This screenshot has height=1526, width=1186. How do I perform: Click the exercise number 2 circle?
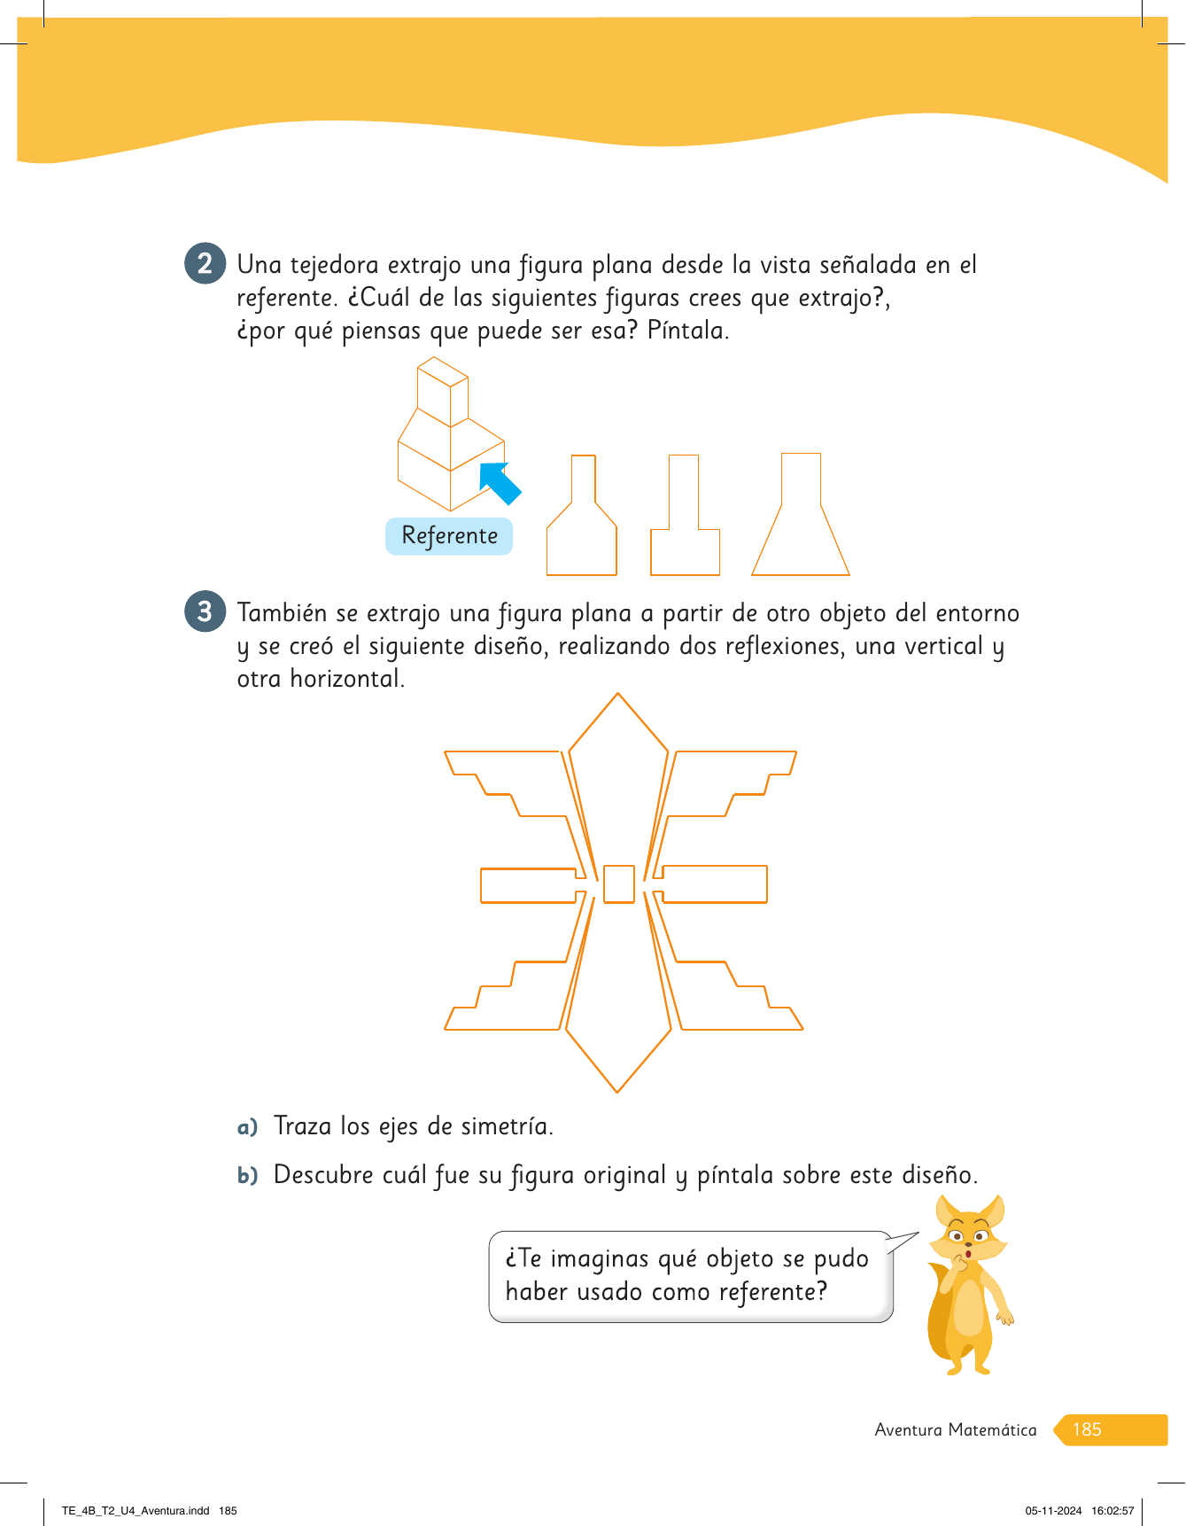click(205, 264)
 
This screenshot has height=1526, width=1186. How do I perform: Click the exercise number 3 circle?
click(205, 612)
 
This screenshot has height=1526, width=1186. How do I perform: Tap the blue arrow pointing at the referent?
click(500, 483)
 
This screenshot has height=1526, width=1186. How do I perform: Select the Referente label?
click(449, 536)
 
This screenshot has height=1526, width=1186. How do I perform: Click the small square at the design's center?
click(619, 884)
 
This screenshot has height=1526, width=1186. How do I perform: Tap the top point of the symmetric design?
click(617, 693)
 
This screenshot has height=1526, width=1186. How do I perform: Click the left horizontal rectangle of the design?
click(529, 885)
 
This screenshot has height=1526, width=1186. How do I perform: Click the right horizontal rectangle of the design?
click(714, 884)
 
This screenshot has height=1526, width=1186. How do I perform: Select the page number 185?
click(1087, 1429)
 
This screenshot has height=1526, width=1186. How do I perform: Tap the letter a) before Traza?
click(247, 1127)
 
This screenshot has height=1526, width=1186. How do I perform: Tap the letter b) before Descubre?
click(247, 1175)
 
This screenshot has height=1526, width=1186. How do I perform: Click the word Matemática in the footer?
click(992, 1429)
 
